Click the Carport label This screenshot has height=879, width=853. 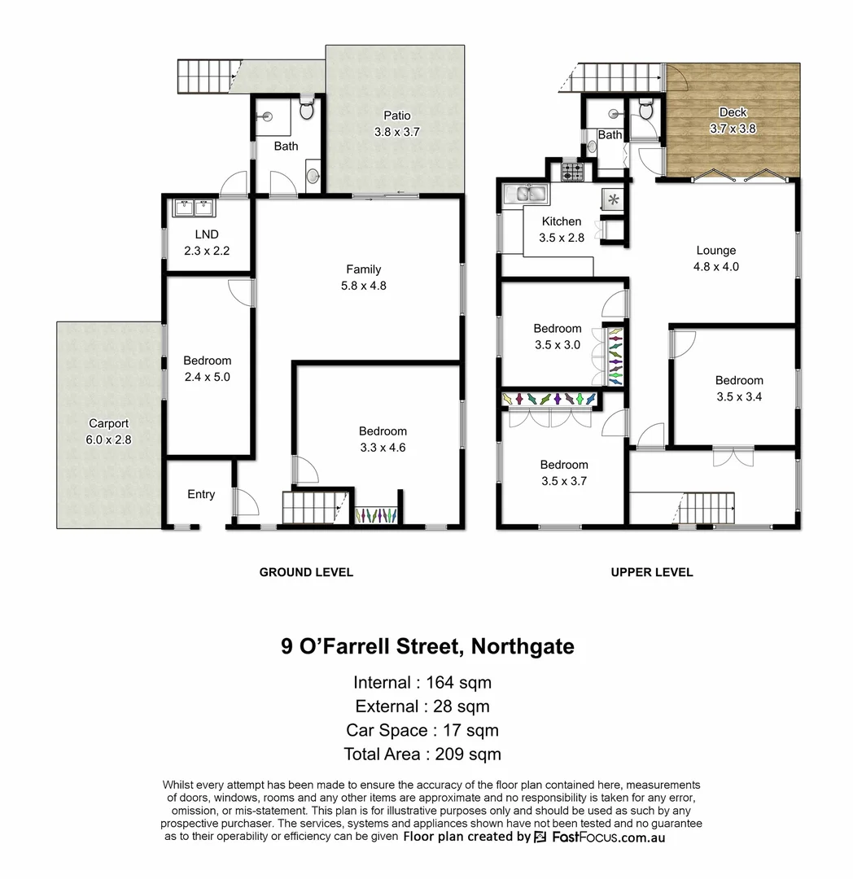coord(109,423)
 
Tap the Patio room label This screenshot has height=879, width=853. coord(397,116)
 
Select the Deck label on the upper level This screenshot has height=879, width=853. coord(733,112)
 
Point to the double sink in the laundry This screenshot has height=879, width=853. coord(193,208)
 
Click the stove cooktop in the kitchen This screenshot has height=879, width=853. coord(572,172)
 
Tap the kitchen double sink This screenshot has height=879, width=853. coord(526,194)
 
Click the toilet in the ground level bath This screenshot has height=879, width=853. coord(306,109)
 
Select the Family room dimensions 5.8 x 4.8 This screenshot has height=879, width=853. coord(363,286)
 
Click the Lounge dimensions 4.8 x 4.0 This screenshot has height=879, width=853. coord(716,266)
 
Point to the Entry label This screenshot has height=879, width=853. coord(201,494)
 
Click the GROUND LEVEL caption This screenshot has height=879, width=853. coord(306,572)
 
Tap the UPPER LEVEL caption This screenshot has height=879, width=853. coord(652,572)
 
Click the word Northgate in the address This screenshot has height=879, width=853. coord(522,647)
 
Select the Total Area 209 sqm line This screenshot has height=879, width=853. coord(422,754)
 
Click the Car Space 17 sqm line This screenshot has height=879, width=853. coord(422,730)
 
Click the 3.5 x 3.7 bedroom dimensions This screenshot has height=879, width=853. coord(563,481)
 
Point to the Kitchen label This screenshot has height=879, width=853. coord(562,221)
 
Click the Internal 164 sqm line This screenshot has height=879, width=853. coord(422,682)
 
